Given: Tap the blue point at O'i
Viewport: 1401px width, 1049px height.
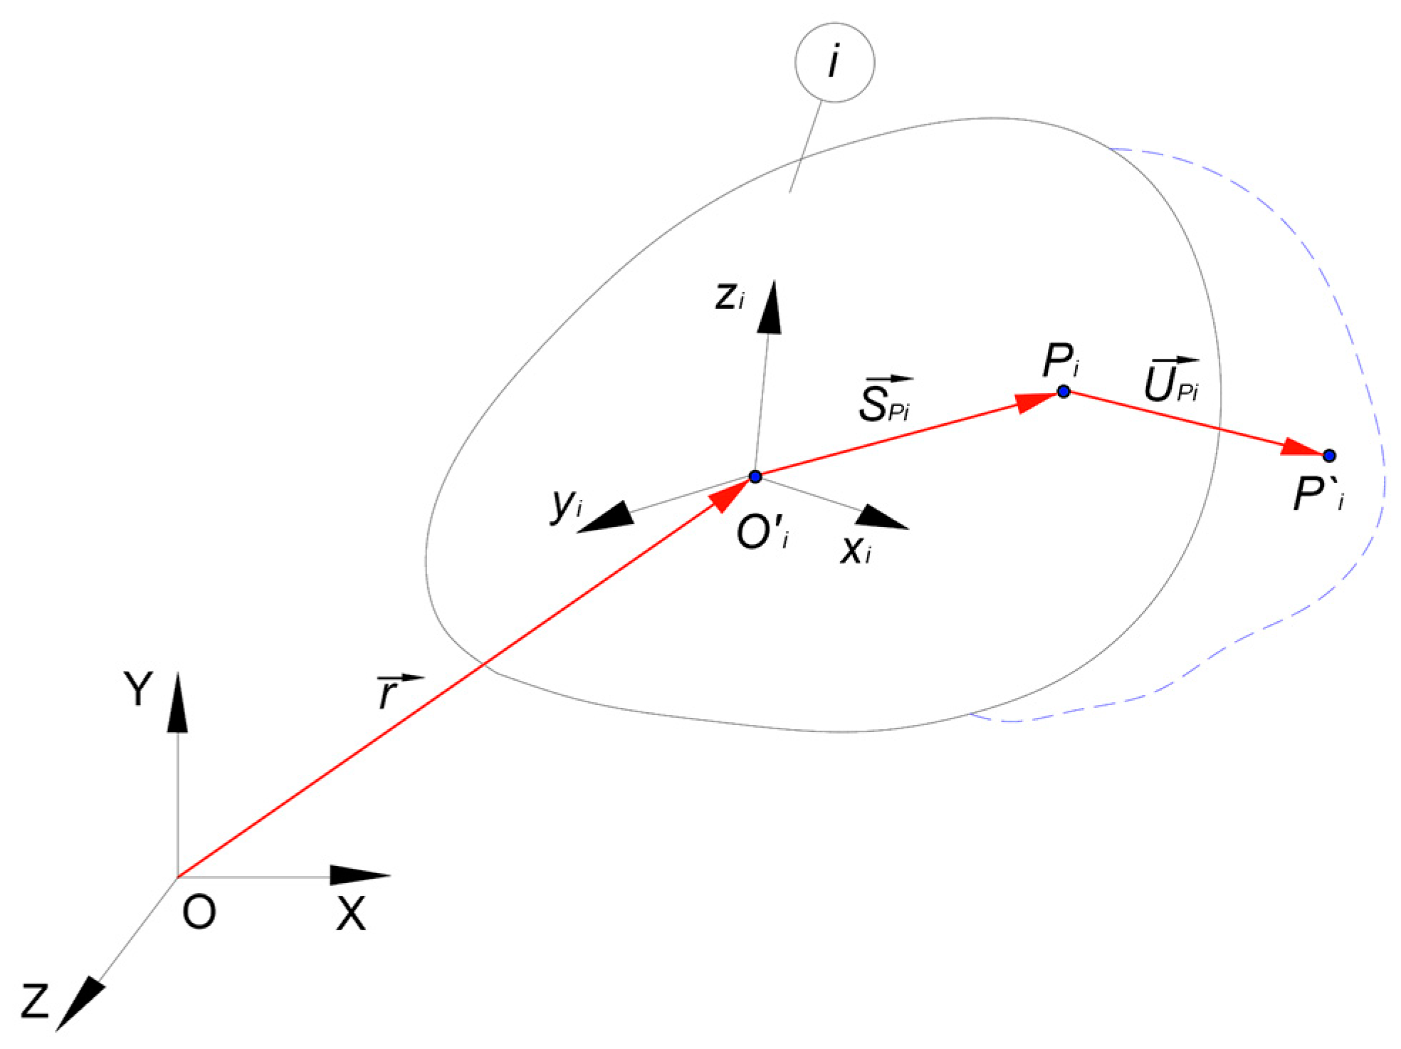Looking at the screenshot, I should click(755, 476).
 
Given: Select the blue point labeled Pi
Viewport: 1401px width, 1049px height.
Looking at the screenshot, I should click(1063, 391).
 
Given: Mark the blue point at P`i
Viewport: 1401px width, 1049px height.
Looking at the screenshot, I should click(1328, 456).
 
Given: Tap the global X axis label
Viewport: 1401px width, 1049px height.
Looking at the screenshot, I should click(351, 914).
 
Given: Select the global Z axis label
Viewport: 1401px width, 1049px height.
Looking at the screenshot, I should click(34, 1001).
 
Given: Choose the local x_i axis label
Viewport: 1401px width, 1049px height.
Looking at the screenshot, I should click(855, 550).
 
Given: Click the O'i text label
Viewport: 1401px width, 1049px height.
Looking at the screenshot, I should click(762, 536).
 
